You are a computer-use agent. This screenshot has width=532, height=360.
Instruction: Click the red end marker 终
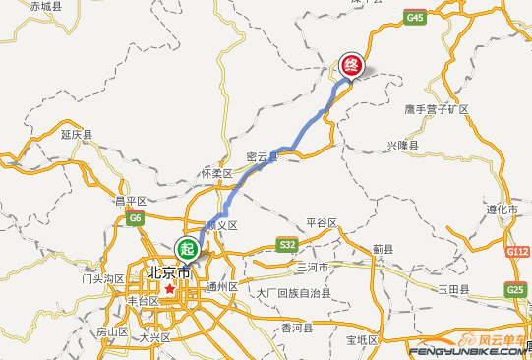pos(351,65)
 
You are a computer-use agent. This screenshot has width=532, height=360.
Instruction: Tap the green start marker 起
pos(186,247)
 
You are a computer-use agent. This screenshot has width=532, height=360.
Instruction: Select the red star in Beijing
pos(170,290)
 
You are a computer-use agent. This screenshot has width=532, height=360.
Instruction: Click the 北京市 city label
pos(167,272)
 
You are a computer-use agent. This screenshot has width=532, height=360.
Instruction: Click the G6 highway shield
pos(136,218)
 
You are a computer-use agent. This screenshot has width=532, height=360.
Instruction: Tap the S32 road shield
pos(287,244)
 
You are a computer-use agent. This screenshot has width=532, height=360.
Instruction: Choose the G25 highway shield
pos(516,290)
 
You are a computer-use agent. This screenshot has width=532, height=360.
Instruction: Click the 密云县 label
pos(262,156)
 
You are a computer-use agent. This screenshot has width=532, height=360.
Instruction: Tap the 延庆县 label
pos(76,134)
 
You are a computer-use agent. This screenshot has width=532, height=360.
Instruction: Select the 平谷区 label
pos(322,223)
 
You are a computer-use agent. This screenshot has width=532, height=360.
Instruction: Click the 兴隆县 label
pos(402,146)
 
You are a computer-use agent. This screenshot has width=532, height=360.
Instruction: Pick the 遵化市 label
pos(502,210)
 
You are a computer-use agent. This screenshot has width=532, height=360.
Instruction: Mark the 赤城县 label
pos(45,6)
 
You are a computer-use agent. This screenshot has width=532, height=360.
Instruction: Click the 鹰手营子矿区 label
pos(437,108)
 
